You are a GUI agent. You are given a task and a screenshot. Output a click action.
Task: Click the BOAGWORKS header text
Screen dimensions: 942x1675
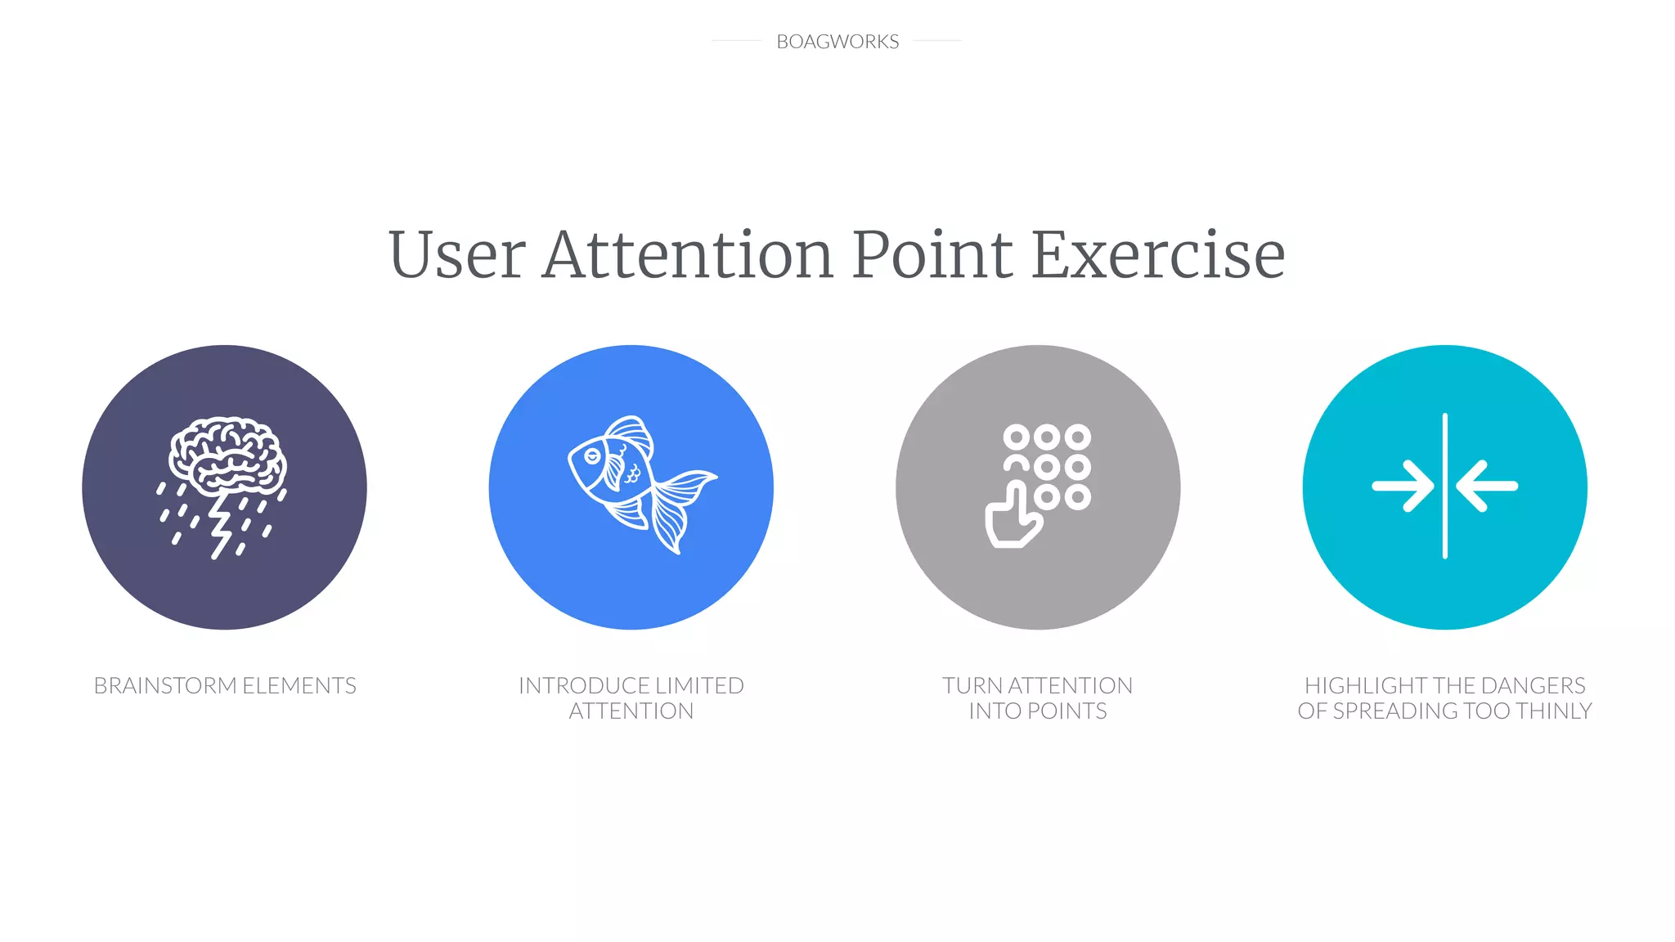(x=837, y=42)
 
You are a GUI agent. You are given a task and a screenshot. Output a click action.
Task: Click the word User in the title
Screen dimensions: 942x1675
(x=456, y=254)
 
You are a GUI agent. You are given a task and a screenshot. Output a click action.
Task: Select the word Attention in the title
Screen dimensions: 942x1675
(x=688, y=254)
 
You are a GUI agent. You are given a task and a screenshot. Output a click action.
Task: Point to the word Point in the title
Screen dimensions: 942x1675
(x=932, y=254)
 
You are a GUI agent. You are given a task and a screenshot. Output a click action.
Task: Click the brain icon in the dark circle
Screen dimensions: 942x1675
(x=227, y=455)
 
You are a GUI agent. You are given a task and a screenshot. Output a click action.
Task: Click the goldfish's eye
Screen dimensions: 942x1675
(x=592, y=455)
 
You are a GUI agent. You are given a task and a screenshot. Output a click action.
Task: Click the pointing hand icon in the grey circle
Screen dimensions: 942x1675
(x=1011, y=519)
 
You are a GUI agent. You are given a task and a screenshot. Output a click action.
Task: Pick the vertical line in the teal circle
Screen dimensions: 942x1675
(x=1445, y=487)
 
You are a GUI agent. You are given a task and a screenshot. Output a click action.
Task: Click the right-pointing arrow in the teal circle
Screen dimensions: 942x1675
(x=1403, y=487)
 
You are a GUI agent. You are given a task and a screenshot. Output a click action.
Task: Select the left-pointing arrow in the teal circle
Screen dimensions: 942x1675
(x=1487, y=487)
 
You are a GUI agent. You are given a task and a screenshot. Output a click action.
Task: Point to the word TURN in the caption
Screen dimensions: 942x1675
(x=972, y=685)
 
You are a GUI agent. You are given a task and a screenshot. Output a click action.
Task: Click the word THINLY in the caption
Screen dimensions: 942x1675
(x=1553, y=711)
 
